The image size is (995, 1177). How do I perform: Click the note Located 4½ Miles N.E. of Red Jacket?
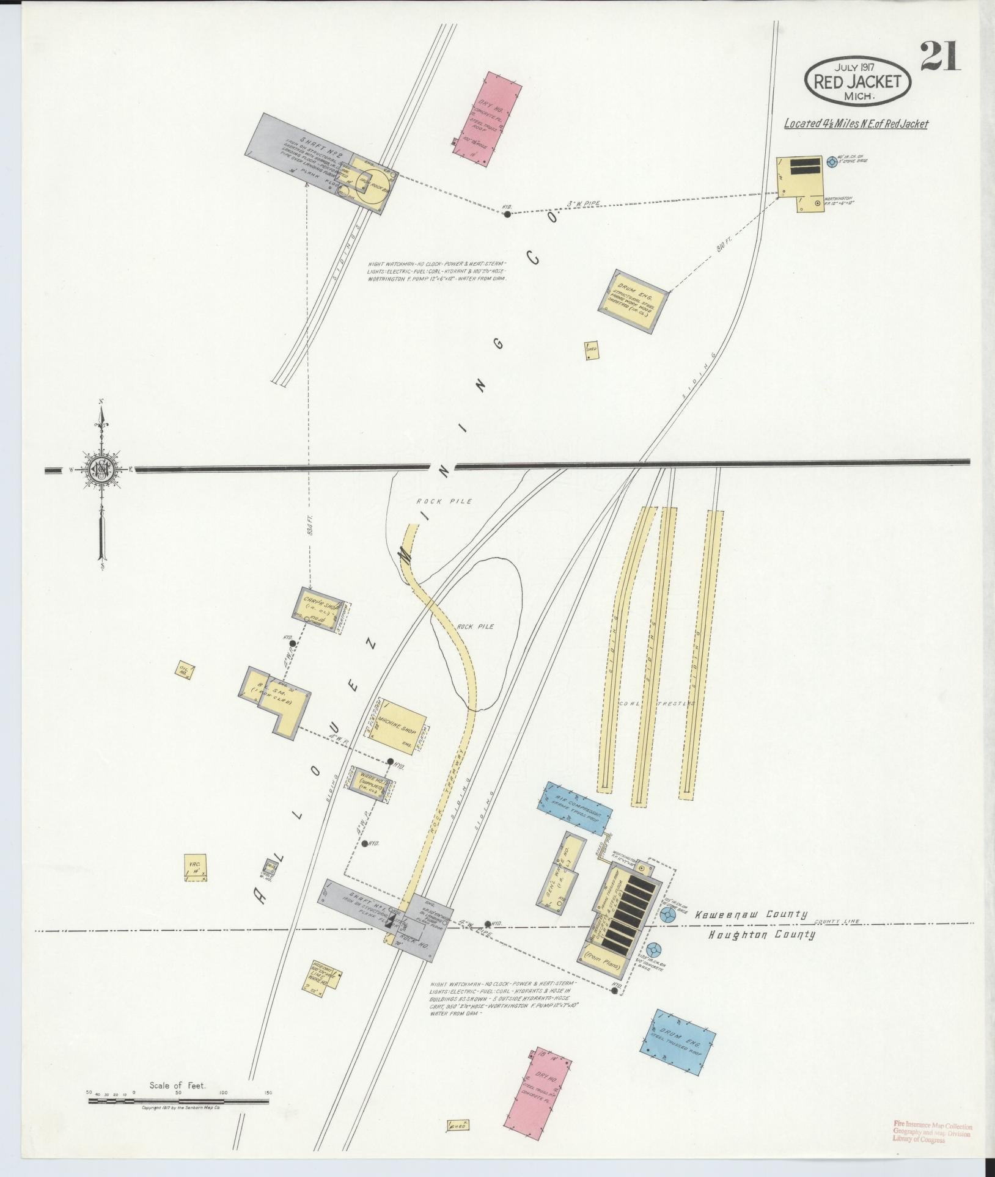click(856, 124)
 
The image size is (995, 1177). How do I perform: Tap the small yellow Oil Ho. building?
click(184, 670)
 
